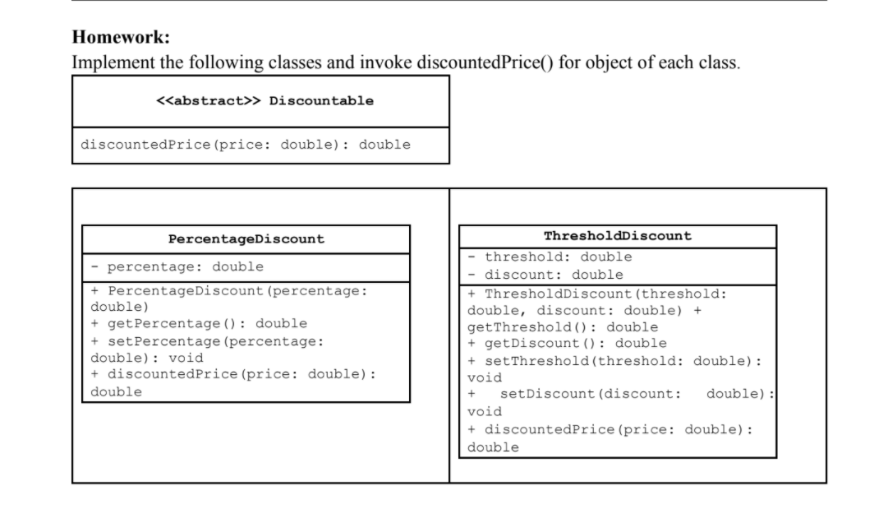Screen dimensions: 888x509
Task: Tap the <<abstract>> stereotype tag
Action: point(208,101)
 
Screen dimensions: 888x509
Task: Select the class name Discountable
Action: point(321,101)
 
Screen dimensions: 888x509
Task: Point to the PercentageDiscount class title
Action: point(246,239)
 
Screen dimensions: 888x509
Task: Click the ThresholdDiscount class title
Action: point(617,236)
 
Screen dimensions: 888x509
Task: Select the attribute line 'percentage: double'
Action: point(185,267)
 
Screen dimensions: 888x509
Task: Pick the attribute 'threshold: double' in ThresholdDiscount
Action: point(558,257)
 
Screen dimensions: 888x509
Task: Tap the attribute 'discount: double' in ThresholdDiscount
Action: point(554,275)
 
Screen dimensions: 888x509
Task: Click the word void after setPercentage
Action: point(186,358)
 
